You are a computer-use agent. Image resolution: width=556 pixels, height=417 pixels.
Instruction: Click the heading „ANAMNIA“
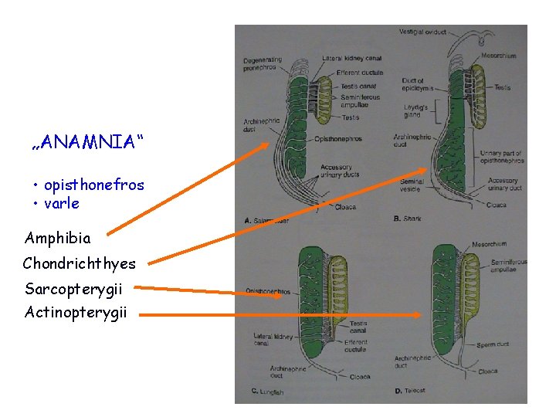coord(87,142)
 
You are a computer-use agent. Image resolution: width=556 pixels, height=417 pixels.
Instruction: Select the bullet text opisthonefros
coord(93,185)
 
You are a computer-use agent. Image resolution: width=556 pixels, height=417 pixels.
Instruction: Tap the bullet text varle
coord(61,204)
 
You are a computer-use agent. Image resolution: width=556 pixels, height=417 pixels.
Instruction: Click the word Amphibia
coord(57,239)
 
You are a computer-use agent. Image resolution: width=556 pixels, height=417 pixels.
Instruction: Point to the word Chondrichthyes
coord(79,264)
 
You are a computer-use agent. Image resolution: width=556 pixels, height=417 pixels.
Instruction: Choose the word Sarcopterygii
coord(73,290)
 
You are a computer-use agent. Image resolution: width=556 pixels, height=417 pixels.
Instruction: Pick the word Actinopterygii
coord(76,313)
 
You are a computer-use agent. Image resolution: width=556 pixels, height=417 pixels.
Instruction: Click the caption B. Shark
coord(408,219)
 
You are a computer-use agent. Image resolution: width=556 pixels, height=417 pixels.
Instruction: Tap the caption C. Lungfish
coord(268,392)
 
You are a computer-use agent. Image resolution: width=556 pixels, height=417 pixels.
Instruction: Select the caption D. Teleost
coord(409,391)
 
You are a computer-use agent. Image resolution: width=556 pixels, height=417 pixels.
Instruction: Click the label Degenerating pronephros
coord(262,63)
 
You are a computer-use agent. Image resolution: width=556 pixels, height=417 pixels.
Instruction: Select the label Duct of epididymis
coord(413,84)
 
